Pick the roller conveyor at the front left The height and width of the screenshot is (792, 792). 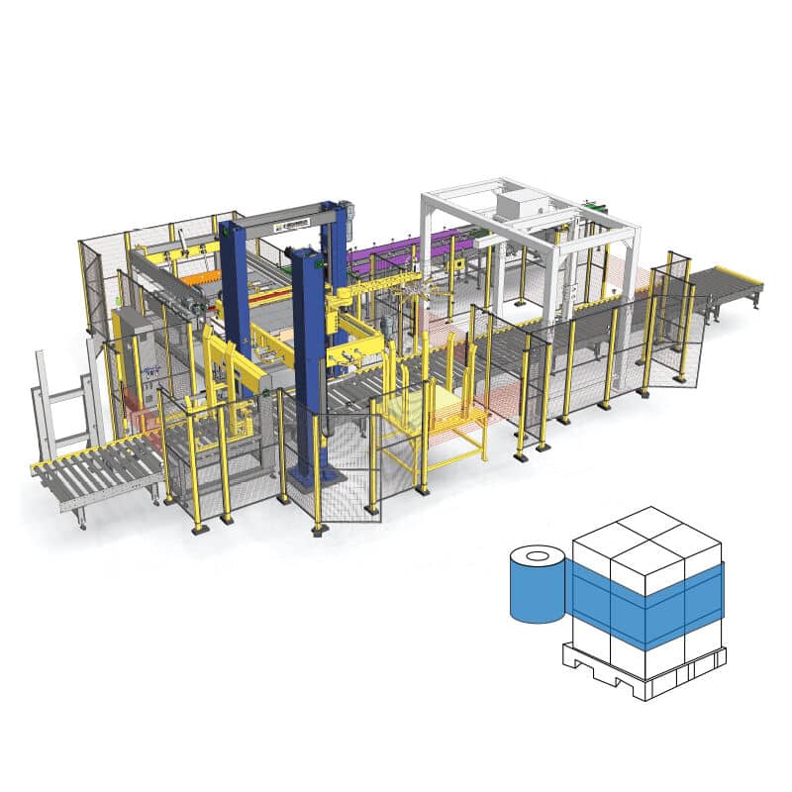coord(94,475)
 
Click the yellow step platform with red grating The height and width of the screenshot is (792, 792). coord(436,416)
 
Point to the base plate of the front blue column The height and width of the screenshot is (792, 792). coord(319,480)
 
